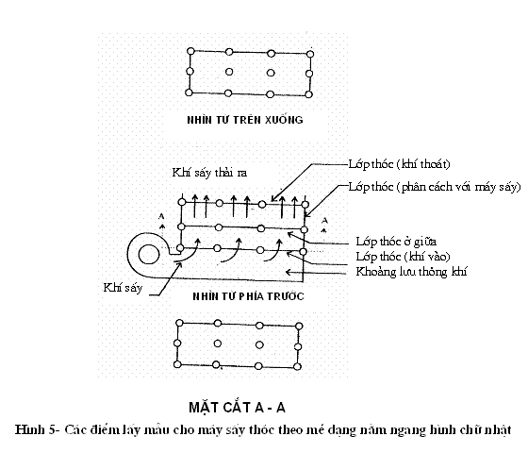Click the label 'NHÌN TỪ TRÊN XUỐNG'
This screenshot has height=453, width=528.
[x=245, y=120]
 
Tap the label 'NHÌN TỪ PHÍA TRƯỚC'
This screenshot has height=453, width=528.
[x=248, y=296]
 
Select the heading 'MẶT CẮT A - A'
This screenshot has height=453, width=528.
[x=237, y=407]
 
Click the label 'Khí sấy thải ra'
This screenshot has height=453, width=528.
[x=209, y=173]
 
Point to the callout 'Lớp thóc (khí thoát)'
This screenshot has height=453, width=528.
[x=399, y=164]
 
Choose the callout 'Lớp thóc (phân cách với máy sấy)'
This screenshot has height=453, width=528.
[x=435, y=187]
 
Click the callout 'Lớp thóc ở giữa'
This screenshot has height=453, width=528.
[x=396, y=242]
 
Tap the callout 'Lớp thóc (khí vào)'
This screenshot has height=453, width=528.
[x=404, y=257]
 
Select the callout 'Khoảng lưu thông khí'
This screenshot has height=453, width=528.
[x=411, y=272]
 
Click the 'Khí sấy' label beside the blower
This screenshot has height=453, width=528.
[x=123, y=288]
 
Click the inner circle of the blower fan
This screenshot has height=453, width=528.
[x=149, y=255]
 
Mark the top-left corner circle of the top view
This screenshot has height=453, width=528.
[x=190, y=51]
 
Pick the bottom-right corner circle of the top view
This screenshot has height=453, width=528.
[x=308, y=94]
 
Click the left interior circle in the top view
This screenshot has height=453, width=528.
[x=229, y=72]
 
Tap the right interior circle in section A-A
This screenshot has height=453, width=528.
[x=259, y=344]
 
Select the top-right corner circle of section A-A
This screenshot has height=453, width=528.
[x=299, y=326]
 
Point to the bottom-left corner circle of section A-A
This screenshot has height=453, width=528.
[x=177, y=364]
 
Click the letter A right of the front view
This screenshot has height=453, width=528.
[x=324, y=221]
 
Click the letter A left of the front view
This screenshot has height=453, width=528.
[x=161, y=216]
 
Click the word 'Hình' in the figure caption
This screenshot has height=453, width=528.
[x=29, y=429]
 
